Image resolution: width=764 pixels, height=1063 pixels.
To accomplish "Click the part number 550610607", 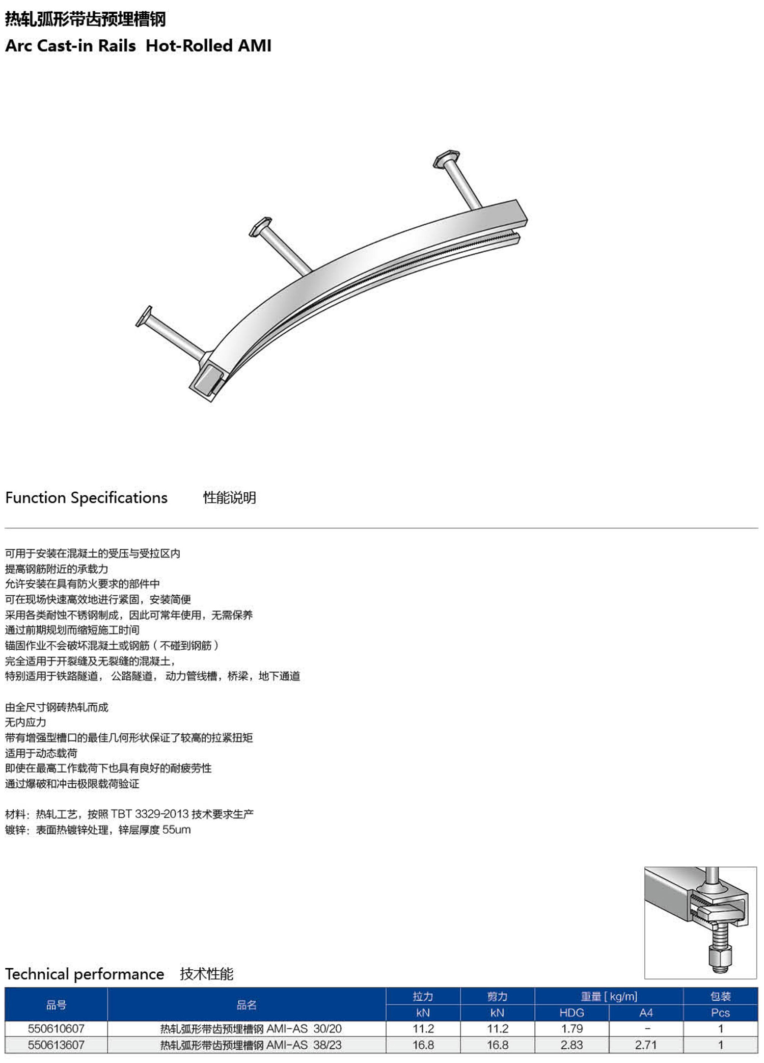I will tap(56, 1028).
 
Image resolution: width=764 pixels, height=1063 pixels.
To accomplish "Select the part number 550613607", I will tap(56, 1045).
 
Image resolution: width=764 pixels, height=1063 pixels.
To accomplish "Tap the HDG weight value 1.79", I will tap(571, 1028).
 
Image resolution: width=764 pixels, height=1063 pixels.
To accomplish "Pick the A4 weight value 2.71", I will tap(646, 1045).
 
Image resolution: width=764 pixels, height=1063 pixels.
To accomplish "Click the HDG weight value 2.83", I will tap(571, 1045).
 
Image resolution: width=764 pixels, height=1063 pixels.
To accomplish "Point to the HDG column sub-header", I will tap(571, 1013).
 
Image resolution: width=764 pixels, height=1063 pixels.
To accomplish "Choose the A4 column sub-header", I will tap(646, 1013).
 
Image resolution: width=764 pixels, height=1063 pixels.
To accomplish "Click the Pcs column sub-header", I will tap(720, 1013).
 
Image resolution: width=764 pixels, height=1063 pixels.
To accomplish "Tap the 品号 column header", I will tap(56, 1004).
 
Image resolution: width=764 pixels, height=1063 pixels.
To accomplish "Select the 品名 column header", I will tap(247, 1004).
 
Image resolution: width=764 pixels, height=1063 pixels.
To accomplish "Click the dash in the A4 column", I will tap(646, 1028).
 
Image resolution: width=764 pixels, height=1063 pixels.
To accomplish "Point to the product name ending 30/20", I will tap(251, 1028).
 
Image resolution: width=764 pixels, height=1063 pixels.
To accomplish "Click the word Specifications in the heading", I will tap(119, 497).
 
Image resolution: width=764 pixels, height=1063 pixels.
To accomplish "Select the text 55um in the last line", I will tap(176, 830).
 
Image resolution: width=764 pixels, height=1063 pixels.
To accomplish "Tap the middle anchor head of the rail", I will tap(260, 227).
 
